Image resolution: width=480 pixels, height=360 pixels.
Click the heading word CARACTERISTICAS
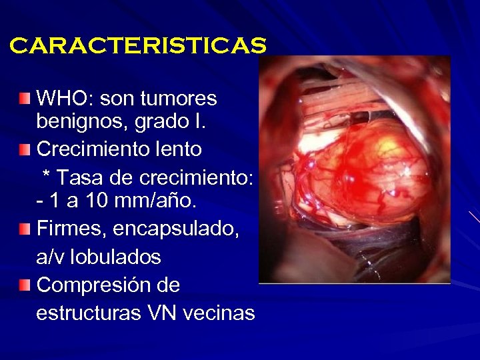point(138,46)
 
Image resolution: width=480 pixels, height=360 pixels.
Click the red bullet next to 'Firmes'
point(25,229)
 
